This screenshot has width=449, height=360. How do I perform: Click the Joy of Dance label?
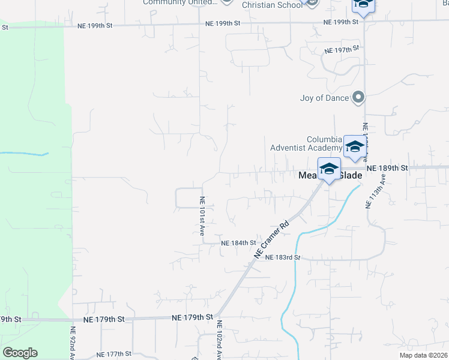[324, 98]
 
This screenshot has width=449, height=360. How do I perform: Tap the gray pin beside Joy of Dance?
[358, 97]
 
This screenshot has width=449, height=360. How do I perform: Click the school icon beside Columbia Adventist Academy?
[355, 147]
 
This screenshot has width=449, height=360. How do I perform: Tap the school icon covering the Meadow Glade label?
[329, 169]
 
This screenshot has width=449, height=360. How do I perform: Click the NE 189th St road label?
[387, 169]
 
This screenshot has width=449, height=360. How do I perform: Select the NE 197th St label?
[342, 50]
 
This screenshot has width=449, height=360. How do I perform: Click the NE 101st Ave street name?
[202, 217]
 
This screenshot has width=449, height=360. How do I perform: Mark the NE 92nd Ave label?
[73, 343]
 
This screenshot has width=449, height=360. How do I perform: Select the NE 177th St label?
[113, 355]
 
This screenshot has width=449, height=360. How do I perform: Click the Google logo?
[20, 353]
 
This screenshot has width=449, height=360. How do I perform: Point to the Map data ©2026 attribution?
[423, 355]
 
